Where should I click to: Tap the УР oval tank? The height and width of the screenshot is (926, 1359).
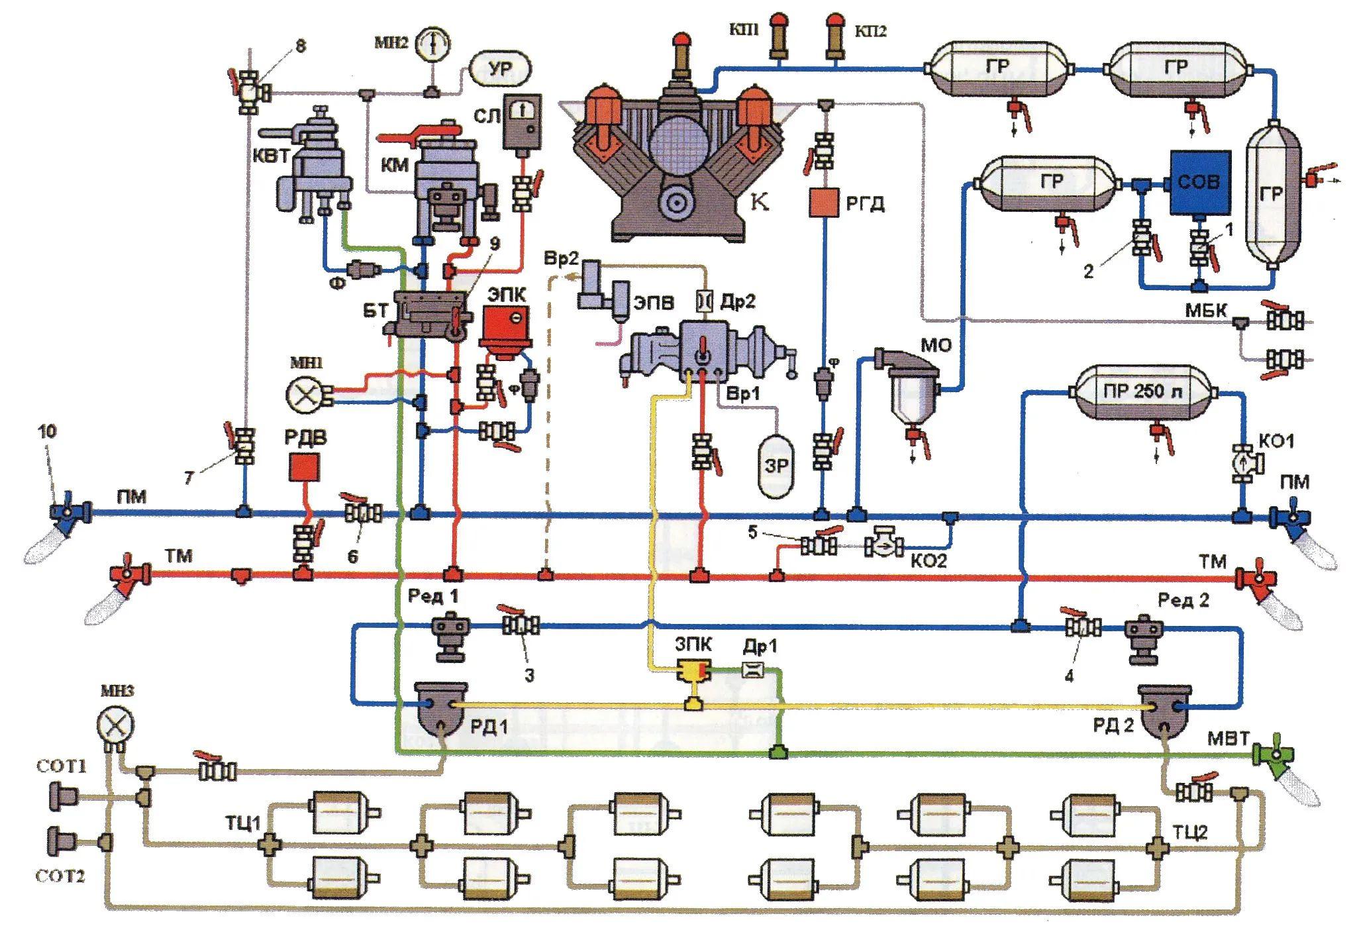click(x=501, y=69)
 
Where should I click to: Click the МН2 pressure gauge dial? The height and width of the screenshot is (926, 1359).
click(x=432, y=44)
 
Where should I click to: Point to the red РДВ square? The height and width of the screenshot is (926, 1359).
click(x=305, y=467)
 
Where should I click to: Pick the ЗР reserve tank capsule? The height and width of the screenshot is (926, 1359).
click(x=776, y=466)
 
